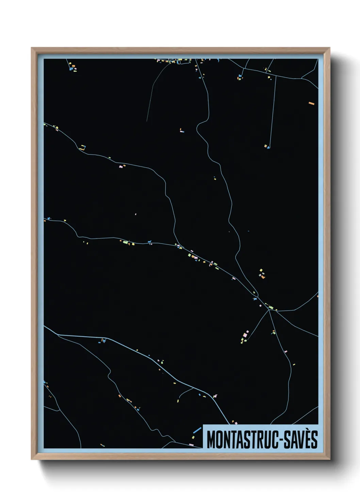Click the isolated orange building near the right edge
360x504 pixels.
pos(311,103)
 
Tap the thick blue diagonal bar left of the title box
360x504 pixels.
pos(197,430)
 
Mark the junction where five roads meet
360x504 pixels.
pos(269,310)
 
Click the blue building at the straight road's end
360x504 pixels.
pos(268,147)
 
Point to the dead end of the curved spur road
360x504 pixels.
pos(147,121)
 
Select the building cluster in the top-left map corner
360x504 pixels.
pos(72,67)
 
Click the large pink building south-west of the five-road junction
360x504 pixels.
pos(245,335)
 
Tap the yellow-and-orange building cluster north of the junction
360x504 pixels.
pos(262,274)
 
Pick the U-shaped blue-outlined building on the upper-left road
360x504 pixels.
pos(83,147)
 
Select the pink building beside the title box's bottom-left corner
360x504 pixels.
pos(191,445)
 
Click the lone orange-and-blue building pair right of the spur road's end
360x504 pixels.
pos(181,130)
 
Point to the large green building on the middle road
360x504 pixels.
pos(125,242)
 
